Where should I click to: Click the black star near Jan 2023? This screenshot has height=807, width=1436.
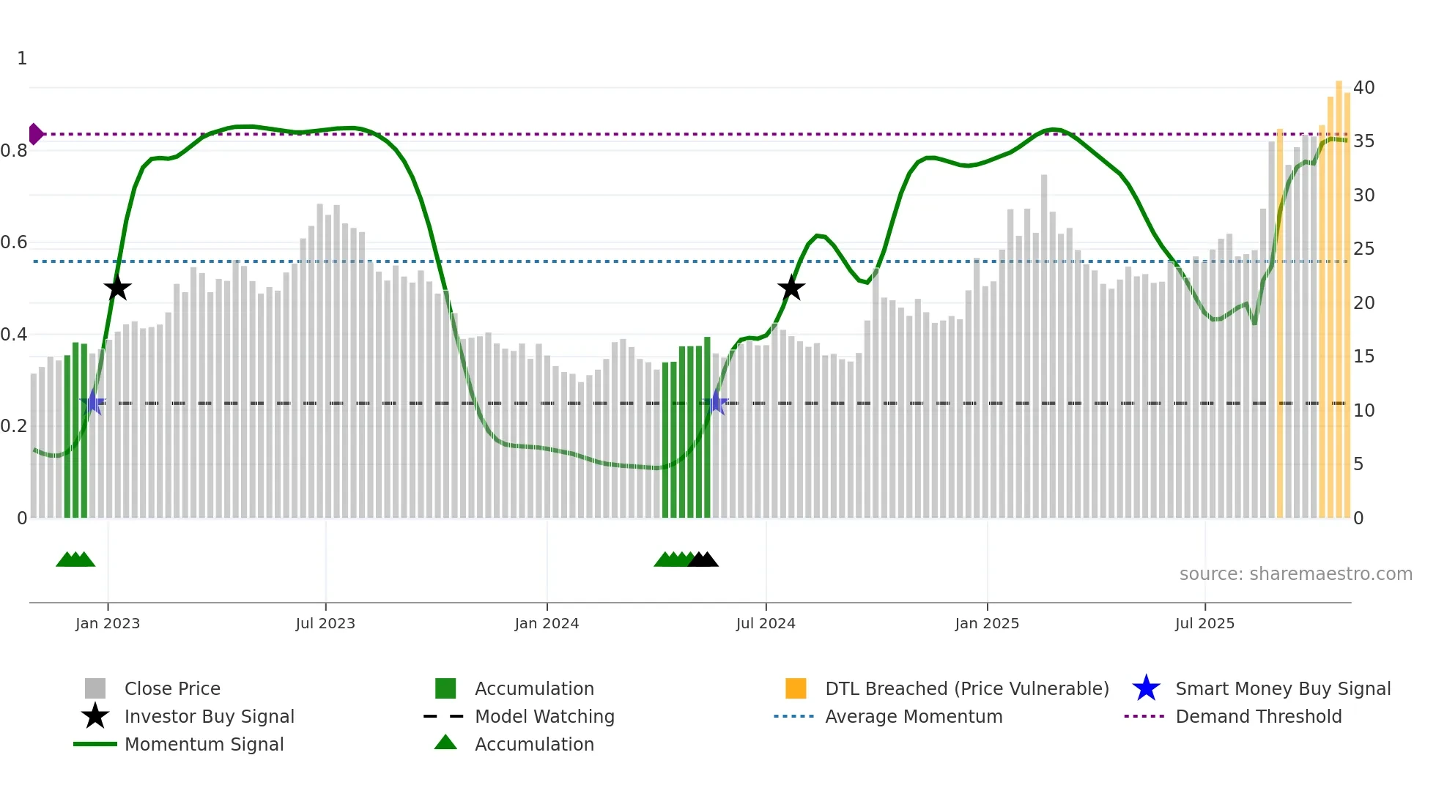click(x=117, y=288)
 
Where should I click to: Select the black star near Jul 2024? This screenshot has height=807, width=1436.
click(x=791, y=288)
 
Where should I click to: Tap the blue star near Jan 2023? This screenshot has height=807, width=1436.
click(x=94, y=403)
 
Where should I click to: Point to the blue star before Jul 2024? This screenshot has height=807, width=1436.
click(x=717, y=403)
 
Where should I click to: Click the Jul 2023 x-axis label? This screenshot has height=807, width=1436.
click(x=325, y=623)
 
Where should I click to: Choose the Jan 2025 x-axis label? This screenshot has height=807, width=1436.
click(x=987, y=623)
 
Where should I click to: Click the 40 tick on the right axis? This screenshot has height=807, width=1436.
click(x=1363, y=88)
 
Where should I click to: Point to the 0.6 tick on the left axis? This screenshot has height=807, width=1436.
click(x=15, y=242)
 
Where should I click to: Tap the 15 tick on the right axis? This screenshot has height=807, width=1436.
click(x=1363, y=357)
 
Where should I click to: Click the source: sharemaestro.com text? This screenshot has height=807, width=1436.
click(x=1295, y=574)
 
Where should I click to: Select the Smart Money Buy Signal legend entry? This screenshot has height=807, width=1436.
click(x=1282, y=688)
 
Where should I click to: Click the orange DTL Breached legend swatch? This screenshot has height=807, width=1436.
click(x=796, y=688)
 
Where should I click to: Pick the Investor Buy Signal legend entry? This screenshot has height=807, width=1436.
click(x=209, y=716)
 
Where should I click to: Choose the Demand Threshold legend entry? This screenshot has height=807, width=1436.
click(x=1258, y=716)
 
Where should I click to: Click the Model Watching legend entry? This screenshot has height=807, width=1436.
click(x=544, y=716)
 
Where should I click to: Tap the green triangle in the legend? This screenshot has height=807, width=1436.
click(x=445, y=743)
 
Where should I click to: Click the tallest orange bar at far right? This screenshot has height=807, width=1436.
click(x=1339, y=293)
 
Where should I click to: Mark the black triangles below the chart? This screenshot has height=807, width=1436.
click(x=703, y=559)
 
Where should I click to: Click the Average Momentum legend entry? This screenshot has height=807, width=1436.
click(x=913, y=716)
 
